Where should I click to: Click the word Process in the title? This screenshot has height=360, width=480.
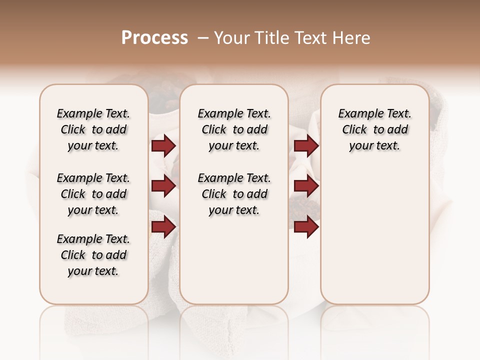coord(154,38)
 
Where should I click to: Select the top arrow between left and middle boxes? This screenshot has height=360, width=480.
coord(163,146)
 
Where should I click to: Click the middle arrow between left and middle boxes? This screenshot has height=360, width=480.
coord(163,186)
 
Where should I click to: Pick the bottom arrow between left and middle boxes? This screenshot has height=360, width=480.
coord(163,227)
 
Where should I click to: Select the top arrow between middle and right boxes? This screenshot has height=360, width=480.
coord(306,146)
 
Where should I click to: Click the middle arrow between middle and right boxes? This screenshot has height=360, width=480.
coord(306,186)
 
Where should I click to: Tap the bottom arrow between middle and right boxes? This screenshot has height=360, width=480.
coord(306,227)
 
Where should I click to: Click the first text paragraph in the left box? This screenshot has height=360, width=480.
coord(93,129)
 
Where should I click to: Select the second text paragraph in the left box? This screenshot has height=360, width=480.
coord(93,194)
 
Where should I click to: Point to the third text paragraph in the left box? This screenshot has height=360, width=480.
coord(93,255)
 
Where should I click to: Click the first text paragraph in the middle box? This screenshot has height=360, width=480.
coord(234,129)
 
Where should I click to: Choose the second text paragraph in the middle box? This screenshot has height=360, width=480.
coord(234,194)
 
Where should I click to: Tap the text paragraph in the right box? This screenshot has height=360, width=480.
coord(374,129)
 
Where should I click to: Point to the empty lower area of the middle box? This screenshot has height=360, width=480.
coord(234,260)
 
